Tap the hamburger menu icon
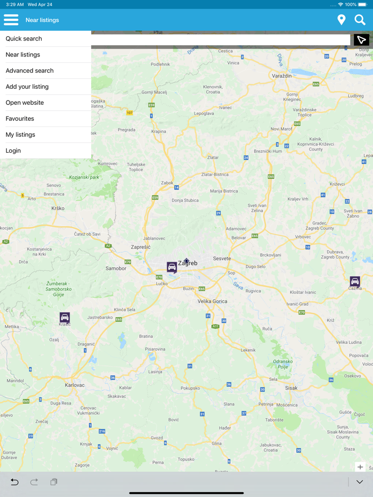(x=11, y=20)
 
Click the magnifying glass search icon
(x=360, y=20)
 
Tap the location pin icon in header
(x=342, y=20)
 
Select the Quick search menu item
(x=24, y=39)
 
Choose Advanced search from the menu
(x=30, y=71)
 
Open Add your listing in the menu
(x=27, y=87)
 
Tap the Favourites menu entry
(x=20, y=119)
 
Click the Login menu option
(x=13, y=151)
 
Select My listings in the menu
(x=21, y=135)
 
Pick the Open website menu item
(x=25, y=103)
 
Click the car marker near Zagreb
(x=172, y=267)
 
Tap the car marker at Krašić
(x=64, y=318)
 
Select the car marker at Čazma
(x=355, y=281)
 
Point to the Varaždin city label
(x=282, y=76)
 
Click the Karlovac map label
(x=75, y=385)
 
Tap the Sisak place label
(x=291, y=388)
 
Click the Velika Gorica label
(x=213, y=301)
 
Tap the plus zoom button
(x=360, y=467)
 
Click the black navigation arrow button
(x=361, y=40)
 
